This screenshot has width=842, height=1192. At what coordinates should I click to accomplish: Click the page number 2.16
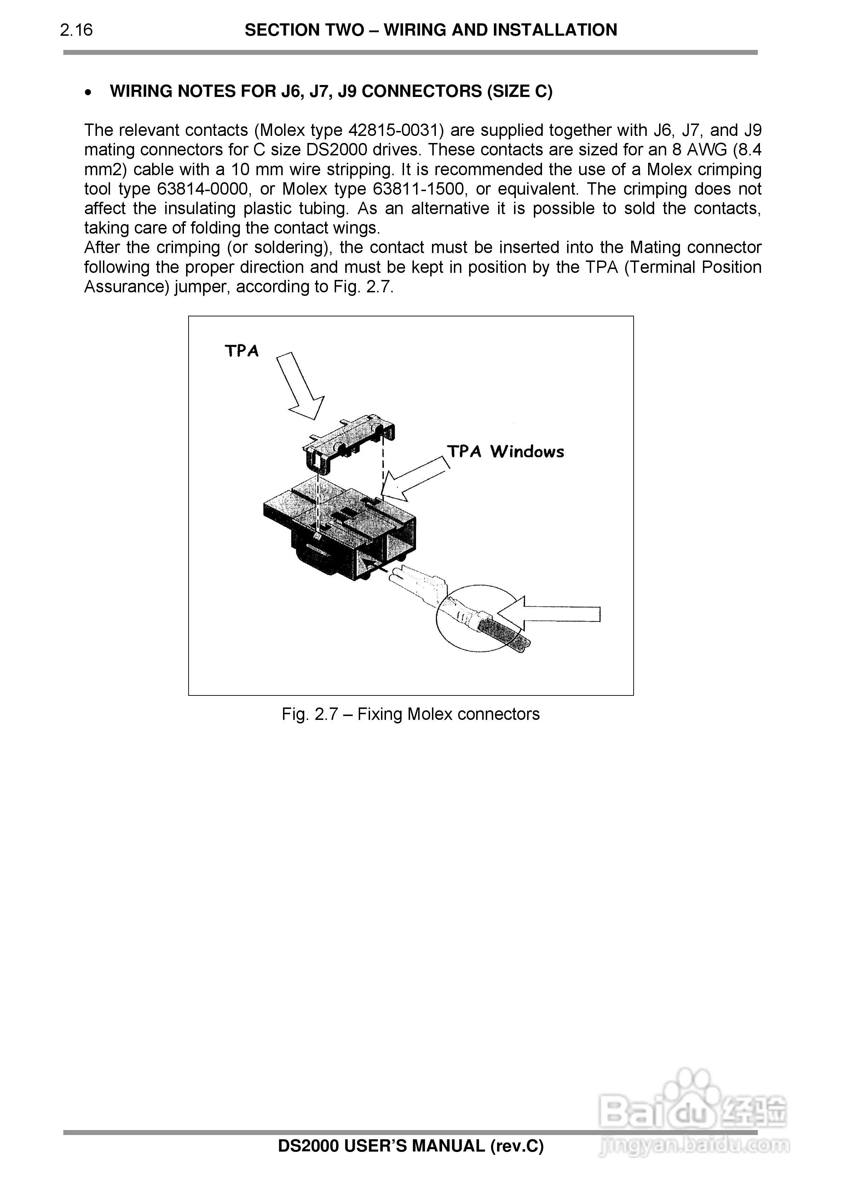pyautogui.click(x=76, y=30)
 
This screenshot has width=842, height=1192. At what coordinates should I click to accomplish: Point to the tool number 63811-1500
pyautogui.click(x=417, y=189)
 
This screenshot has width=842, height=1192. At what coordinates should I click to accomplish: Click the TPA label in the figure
pyautogui.click(x=241, y=351)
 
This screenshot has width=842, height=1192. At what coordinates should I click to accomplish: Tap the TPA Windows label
pyautogui.click(x=505, y=451)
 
